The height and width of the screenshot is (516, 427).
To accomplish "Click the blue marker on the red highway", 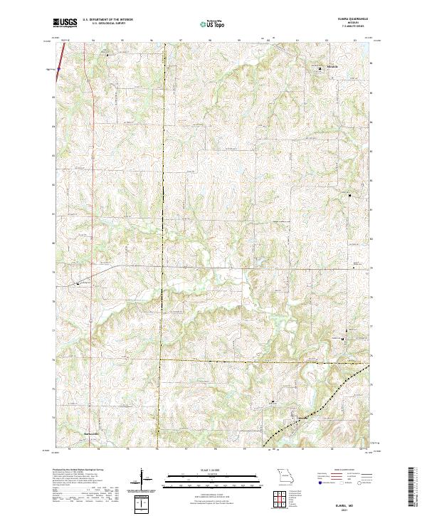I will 51,69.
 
